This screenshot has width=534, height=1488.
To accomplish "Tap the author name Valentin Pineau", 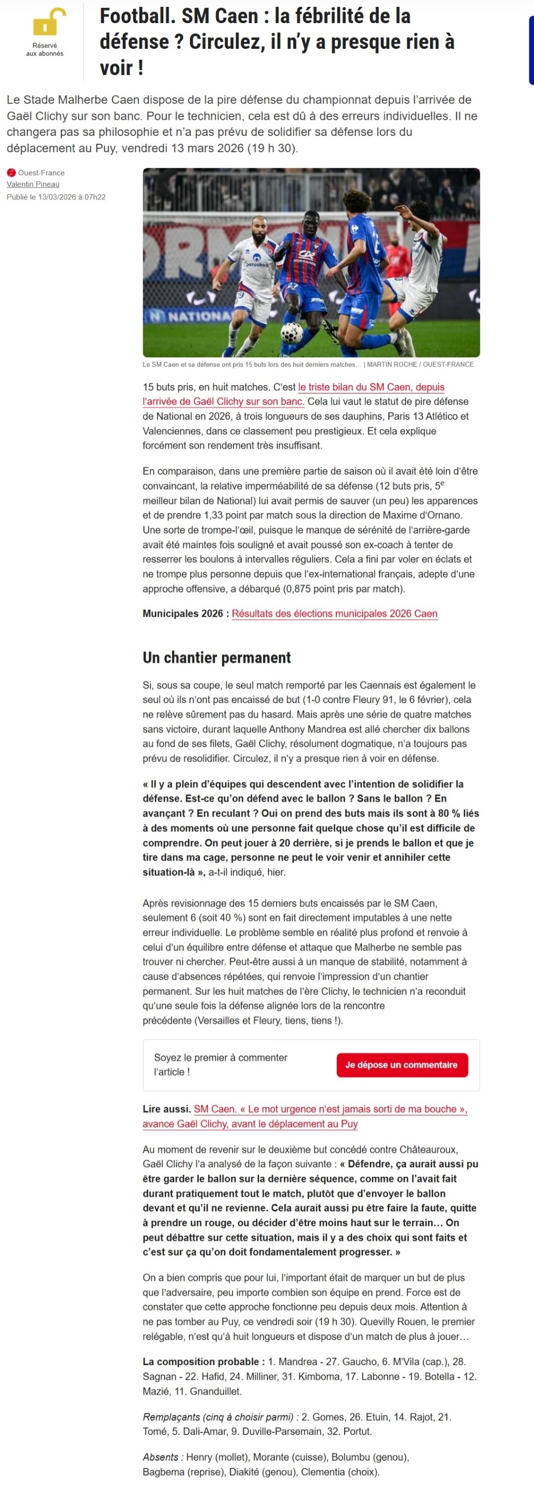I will tap(33, 184).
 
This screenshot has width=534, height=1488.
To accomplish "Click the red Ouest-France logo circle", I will tap(11, 173).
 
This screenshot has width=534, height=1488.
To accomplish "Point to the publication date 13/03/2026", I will tap(57, 197).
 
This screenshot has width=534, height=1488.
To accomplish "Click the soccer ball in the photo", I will tap(292, 332).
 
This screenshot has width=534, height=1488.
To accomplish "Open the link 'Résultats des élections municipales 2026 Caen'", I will tap(334, 614).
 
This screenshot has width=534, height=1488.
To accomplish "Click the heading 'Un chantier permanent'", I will tap(217, 657).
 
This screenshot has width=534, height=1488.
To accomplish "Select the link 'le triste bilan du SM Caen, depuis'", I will tap(371, 387).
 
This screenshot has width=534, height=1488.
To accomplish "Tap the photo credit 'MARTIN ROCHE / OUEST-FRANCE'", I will tap(420, 365).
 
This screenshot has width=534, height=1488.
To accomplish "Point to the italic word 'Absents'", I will tap(161, 1457).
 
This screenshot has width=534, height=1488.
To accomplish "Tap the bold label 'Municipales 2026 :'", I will tap(186, 614).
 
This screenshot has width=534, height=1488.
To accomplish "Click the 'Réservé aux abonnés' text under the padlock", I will tap(45, 50).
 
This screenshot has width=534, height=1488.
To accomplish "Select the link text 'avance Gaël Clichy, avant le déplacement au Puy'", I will tap(250, 1123).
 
